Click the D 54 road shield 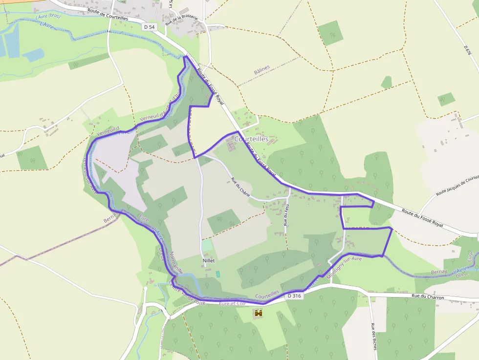click(150, 27)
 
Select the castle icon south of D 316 click(258, 313)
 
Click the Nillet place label click(209, 261)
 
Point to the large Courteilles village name click(251, 139)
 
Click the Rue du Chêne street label click(240, 187)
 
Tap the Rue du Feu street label click(285, 215)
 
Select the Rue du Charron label click(428, 296)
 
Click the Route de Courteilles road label click(108, 14)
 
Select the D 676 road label click(467, 50)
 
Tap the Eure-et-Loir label click(233, 303)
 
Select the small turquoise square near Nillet click(218, 274)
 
